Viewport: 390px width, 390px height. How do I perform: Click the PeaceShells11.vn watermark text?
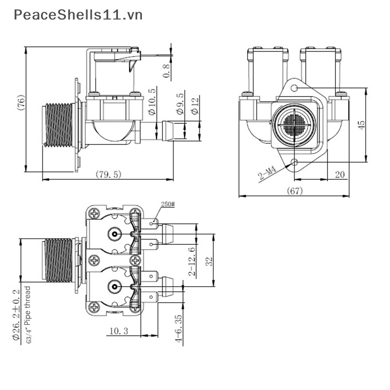point(78,15)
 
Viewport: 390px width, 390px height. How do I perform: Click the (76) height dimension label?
point(21,102)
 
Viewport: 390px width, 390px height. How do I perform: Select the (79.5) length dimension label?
point(108,175)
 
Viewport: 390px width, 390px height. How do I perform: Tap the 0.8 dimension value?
point(166,71)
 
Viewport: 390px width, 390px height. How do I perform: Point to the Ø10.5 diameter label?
point(152,101)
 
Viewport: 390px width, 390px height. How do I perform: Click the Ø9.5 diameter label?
point(180,104)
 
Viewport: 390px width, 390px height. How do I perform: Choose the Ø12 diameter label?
point(195,106)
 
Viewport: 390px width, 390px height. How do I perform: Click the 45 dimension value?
point(361,125)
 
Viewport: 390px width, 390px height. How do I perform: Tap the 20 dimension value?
point(340,175)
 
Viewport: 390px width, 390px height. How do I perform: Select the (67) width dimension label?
point(295,191)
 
